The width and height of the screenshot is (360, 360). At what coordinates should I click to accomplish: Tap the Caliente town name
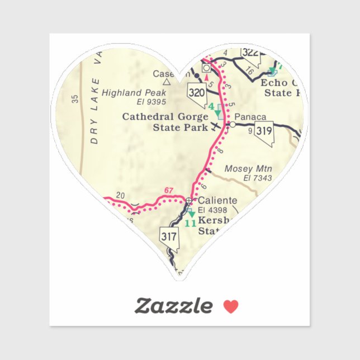(217, 200)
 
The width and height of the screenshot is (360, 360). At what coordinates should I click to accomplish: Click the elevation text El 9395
(151, 102)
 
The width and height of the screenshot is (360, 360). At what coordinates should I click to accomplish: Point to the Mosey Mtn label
(248, 168)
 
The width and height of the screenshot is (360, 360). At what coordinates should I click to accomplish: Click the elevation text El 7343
(257, 178)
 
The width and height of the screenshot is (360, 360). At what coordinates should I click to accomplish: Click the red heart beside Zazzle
(231, 306)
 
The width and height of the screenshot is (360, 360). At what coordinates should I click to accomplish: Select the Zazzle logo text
(173, 306)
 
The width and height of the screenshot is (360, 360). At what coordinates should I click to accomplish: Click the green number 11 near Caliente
(190, 223)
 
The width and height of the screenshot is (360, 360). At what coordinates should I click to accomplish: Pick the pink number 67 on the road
(169, 191)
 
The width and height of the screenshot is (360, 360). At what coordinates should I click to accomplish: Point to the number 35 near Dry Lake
(75, 100)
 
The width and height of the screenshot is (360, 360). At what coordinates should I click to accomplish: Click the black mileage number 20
(120, 196)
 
